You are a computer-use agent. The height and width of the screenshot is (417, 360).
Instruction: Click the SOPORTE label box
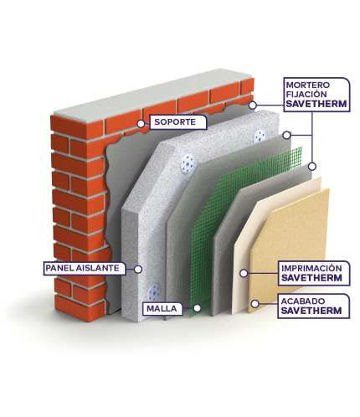(178, 122)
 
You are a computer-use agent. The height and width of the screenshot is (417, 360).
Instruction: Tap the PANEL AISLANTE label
(85, 268)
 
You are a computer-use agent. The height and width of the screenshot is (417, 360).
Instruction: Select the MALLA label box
(162, 309)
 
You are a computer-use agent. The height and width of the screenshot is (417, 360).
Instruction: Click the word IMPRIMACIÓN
(311, 269)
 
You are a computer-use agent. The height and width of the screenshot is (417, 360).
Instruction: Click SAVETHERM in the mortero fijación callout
(316, 104)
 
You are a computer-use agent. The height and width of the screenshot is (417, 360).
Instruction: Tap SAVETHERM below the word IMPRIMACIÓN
(311, 278)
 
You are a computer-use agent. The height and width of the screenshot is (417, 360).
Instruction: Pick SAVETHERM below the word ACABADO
(311, 311)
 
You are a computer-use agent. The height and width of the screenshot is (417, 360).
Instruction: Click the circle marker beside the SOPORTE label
(141, 124)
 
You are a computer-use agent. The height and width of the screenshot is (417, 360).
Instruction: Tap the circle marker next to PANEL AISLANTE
(138, 270)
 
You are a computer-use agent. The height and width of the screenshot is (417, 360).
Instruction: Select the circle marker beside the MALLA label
(197, 308)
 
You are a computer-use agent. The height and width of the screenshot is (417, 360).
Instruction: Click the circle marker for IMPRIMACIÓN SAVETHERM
(244, 274)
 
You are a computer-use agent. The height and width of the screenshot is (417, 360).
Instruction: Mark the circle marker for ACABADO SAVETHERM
(255, 304)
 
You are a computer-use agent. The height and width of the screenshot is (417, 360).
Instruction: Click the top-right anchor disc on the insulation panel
(260, 136)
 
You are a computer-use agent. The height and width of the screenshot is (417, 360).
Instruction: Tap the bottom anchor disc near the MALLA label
(154, 291)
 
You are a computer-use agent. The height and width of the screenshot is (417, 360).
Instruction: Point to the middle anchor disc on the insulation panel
(188, 164)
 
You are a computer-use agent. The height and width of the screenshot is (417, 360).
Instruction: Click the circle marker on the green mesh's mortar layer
(286, 136)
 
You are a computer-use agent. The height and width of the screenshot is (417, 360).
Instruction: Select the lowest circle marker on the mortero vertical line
(312, 167)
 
